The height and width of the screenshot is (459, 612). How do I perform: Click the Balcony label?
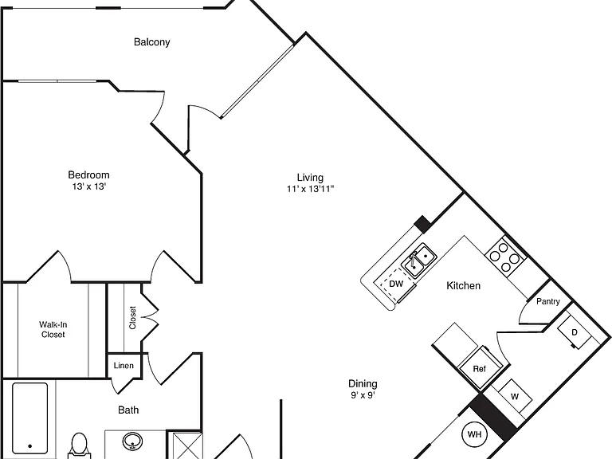pos(152,42)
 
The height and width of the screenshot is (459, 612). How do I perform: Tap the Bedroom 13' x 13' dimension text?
pos(89,186)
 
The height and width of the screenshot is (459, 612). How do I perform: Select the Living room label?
pos(310,178)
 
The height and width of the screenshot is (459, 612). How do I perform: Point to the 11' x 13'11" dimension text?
pos(311,190)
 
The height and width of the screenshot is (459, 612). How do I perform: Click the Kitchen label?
pos(463,286)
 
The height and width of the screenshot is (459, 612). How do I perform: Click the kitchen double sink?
pos(420,261)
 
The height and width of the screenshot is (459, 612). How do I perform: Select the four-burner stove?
pos(505,257)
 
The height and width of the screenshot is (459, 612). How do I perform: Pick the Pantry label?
pos(548,301)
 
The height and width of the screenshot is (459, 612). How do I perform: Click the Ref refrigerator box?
pos(481,367)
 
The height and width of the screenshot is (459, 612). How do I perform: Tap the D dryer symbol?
pos(574,332)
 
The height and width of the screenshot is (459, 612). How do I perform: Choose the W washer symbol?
pos(515,397)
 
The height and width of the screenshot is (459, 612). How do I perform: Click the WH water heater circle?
pos(475,434)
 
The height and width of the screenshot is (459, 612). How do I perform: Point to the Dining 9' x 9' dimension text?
pos(363,395)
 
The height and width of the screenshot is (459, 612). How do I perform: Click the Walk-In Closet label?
pos(53,329)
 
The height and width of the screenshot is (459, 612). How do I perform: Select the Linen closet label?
pos(124,366)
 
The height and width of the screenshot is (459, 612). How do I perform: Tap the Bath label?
pos(128,410)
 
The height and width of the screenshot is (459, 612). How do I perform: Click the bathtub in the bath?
pos(29,420)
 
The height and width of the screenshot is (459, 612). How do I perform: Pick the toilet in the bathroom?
pos(79,445)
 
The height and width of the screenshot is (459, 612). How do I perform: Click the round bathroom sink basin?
pos(133,441)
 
